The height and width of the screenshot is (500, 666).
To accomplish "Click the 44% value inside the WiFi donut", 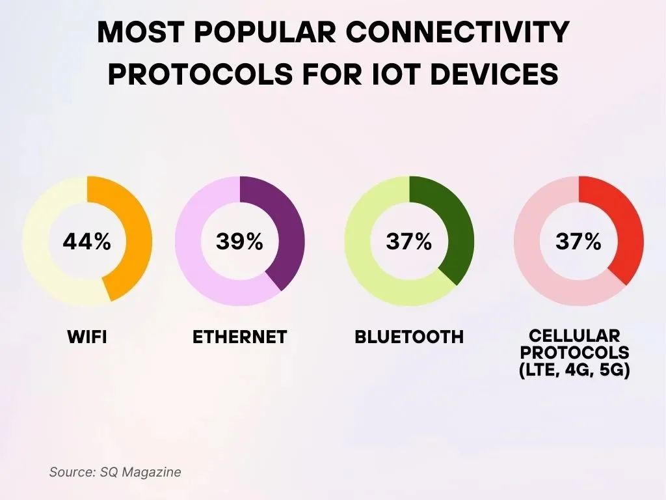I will [x=87, y=242].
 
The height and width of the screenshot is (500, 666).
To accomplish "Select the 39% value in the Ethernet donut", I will [x=240, y=242].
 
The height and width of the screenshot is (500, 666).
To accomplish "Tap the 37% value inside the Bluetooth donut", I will [x=409, y=242].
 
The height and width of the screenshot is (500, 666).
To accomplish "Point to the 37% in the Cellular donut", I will [x=578, y=242].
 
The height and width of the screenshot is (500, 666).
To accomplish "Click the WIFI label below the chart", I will [x=87, y=337].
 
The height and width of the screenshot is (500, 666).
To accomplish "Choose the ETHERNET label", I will [x=240, y=337].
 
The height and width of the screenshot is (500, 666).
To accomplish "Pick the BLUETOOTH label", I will [x=409, y=337].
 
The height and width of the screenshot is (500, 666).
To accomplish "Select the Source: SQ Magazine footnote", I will [x=115, y=472].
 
